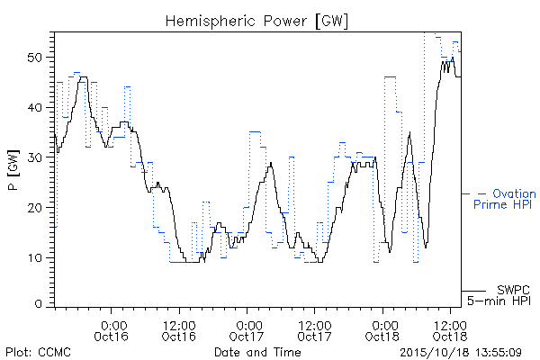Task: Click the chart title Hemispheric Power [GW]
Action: [256, 21]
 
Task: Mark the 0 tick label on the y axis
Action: [39, 304]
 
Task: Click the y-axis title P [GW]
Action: [14, 170]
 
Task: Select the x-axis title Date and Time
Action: [257, 352]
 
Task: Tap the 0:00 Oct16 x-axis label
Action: [112, 330]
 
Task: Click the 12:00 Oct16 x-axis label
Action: [179, 330]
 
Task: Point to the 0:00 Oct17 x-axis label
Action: [247, 330]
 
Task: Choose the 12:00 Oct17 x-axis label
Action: [314, 330]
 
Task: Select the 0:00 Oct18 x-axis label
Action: [382, 330]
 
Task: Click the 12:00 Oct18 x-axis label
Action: [450, 330]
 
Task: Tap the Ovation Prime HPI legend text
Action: [505, 199]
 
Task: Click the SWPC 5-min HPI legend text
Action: [499, 295]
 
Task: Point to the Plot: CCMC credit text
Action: [38, 352]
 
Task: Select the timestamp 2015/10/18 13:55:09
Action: [461, 353]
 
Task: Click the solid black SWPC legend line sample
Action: [473, 291]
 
